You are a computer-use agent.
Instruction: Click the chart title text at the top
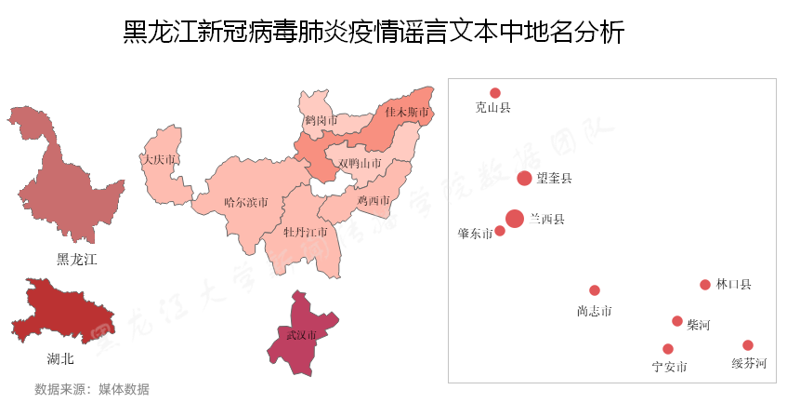374,33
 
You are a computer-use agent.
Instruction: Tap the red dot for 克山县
495,93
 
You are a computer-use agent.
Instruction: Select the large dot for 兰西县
515,219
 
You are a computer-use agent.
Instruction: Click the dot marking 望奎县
525,178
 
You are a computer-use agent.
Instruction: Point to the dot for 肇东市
500,231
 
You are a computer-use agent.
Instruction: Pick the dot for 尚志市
595,290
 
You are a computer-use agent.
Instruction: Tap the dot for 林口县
705,285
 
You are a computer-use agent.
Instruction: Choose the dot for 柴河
677,321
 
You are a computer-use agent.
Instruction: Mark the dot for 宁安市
668,349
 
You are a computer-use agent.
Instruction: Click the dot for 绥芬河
748,345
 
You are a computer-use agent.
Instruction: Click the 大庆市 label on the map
159,160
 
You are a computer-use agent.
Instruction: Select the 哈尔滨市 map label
246,201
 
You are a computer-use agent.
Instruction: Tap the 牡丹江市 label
306,231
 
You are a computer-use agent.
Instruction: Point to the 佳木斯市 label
407,113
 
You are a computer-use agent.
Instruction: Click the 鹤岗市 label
321,121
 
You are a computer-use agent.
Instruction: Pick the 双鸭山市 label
360,163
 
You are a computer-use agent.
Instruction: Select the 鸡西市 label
374,200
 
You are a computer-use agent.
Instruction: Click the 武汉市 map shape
301,335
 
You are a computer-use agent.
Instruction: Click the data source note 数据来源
91,389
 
